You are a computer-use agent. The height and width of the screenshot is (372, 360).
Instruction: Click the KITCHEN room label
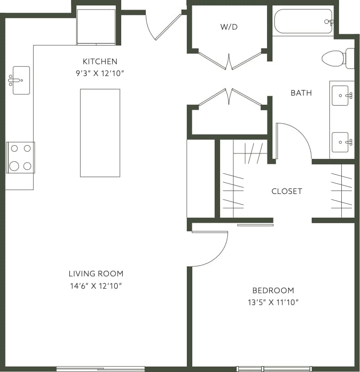point(100,61)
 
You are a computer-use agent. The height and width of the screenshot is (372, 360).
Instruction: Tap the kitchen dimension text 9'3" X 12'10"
point(100,73)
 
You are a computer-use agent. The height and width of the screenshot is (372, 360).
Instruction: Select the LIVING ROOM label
point(96,274)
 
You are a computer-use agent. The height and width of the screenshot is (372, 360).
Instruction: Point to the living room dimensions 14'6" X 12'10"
point(96,286)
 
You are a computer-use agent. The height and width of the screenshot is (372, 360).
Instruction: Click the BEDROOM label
point(273,290)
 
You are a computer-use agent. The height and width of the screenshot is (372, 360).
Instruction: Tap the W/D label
point(229,27)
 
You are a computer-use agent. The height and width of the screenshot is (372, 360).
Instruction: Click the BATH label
point(301,93)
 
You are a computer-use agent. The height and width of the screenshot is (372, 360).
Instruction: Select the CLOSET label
point(287,191)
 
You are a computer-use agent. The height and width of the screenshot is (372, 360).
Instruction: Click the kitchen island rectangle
point(100,132)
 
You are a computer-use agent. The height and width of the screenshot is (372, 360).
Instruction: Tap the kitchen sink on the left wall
point(21,80)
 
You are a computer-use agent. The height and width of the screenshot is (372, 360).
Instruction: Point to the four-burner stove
point(21,158)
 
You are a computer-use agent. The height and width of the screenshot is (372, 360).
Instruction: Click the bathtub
point(303,21)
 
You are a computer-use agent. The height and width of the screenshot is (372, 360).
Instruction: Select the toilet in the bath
point(338,58)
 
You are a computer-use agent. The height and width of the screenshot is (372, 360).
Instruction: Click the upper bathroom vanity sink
point(340,96)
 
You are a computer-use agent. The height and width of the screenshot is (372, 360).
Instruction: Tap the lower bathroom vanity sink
point(340,142)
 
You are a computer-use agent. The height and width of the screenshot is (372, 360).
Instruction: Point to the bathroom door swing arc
point(295,139)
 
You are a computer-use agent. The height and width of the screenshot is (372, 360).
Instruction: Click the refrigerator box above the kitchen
point(96,26)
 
